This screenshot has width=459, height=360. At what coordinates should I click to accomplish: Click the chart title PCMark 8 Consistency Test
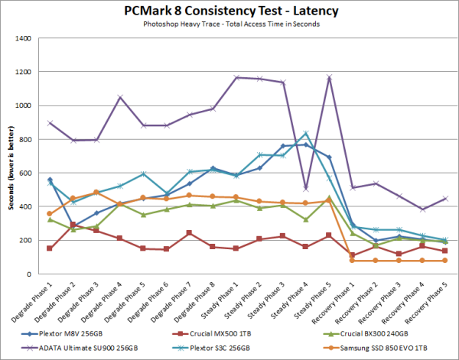coord(229,11)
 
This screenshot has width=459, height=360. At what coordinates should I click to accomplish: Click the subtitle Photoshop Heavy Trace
coord(229,25)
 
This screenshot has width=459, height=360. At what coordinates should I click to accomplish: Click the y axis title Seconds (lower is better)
coord(9,156)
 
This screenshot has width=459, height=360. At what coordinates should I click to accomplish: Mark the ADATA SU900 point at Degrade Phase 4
coord(121,97)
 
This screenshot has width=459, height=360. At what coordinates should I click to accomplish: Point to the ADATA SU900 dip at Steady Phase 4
coord(305,188)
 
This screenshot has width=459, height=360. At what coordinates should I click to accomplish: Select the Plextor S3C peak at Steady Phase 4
coord(305,134)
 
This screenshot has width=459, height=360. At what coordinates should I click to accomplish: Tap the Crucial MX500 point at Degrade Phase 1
coord(49,248)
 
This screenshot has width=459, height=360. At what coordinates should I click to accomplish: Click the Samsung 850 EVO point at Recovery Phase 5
coord(444,261)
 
